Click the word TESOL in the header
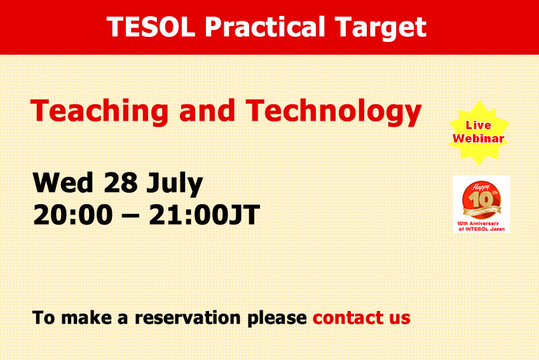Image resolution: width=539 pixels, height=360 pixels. coord(151,27)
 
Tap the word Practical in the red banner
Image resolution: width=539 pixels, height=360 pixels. coord(264,27)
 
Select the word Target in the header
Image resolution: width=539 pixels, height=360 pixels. coord(381,28)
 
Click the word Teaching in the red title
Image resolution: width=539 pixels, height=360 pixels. coord(99,111)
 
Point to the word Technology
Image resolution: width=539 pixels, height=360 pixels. coord(334,111)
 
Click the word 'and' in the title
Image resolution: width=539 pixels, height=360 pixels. coord(207,110)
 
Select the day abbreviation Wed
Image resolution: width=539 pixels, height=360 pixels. coord(63,183)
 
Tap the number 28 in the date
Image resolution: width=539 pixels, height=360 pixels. coord(121,183)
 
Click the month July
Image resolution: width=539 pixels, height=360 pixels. coord(175,184)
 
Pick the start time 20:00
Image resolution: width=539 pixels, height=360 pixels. coord(73,214)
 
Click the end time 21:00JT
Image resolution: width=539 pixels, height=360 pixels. coord(204,214)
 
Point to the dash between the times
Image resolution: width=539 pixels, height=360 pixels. coord(131,216)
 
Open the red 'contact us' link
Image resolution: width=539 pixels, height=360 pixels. coord(361,317)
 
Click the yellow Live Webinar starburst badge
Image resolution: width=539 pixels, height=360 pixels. coord(479,133)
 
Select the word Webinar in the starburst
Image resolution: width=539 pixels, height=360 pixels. coord(478,139)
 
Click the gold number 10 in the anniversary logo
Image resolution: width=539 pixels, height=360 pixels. coord(481,200)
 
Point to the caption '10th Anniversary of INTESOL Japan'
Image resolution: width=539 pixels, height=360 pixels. coord(481,226)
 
